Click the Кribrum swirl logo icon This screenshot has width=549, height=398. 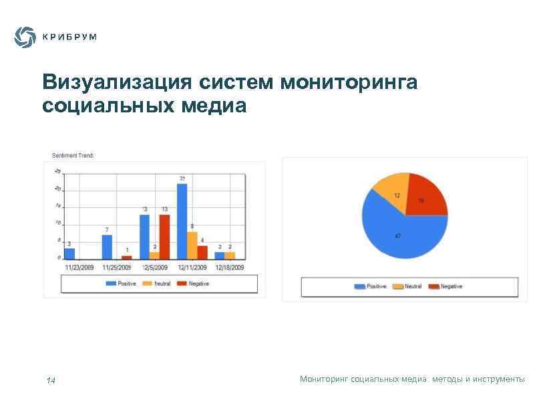[25, 37]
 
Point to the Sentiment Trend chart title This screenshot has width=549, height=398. [73, 156]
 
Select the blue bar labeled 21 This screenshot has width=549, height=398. [182, 221]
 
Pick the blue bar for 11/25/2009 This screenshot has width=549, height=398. [107, 247]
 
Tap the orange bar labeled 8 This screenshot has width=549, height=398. [192, 245]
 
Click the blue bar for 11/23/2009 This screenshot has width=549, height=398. [69, 254]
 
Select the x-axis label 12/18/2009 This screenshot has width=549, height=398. [229, 267]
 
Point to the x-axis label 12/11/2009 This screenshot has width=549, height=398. [192, 267]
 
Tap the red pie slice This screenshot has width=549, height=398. [426, 195]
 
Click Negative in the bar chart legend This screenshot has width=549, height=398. [198, 284]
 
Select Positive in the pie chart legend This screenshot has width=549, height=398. [376, 287]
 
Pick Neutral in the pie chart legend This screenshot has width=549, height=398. [413, 287]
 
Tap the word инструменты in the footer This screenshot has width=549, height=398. [498, 379]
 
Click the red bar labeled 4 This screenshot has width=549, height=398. [202, 252]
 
